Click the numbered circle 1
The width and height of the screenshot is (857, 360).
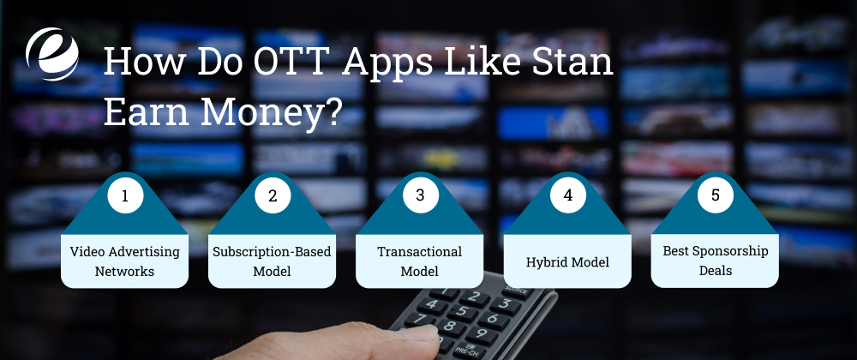[x=125, y=195]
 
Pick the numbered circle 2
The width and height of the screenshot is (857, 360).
[x=273, y=195]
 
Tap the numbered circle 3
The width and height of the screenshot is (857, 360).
[x=420, y=195]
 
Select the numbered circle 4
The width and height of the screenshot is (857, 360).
[x=567, y=195]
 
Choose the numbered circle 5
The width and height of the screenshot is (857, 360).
[x=715, y=195]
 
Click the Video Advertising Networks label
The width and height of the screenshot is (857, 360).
[x=125, y=261]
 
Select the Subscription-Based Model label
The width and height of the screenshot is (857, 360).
[x=273, y=261]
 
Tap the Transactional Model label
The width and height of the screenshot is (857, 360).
[x=420, y=261]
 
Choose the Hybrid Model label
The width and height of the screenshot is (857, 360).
[x=567, y=261]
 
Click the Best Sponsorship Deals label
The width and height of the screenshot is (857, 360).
[x=715, y=261]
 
